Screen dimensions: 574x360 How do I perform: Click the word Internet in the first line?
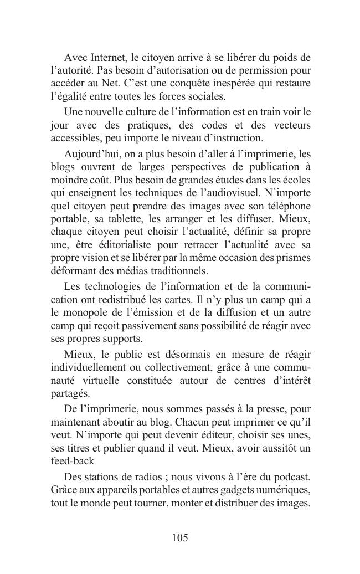pyautogui.click(x=106, y=58)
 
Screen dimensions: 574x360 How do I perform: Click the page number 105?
pyautogui.click(x=180, y=537)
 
